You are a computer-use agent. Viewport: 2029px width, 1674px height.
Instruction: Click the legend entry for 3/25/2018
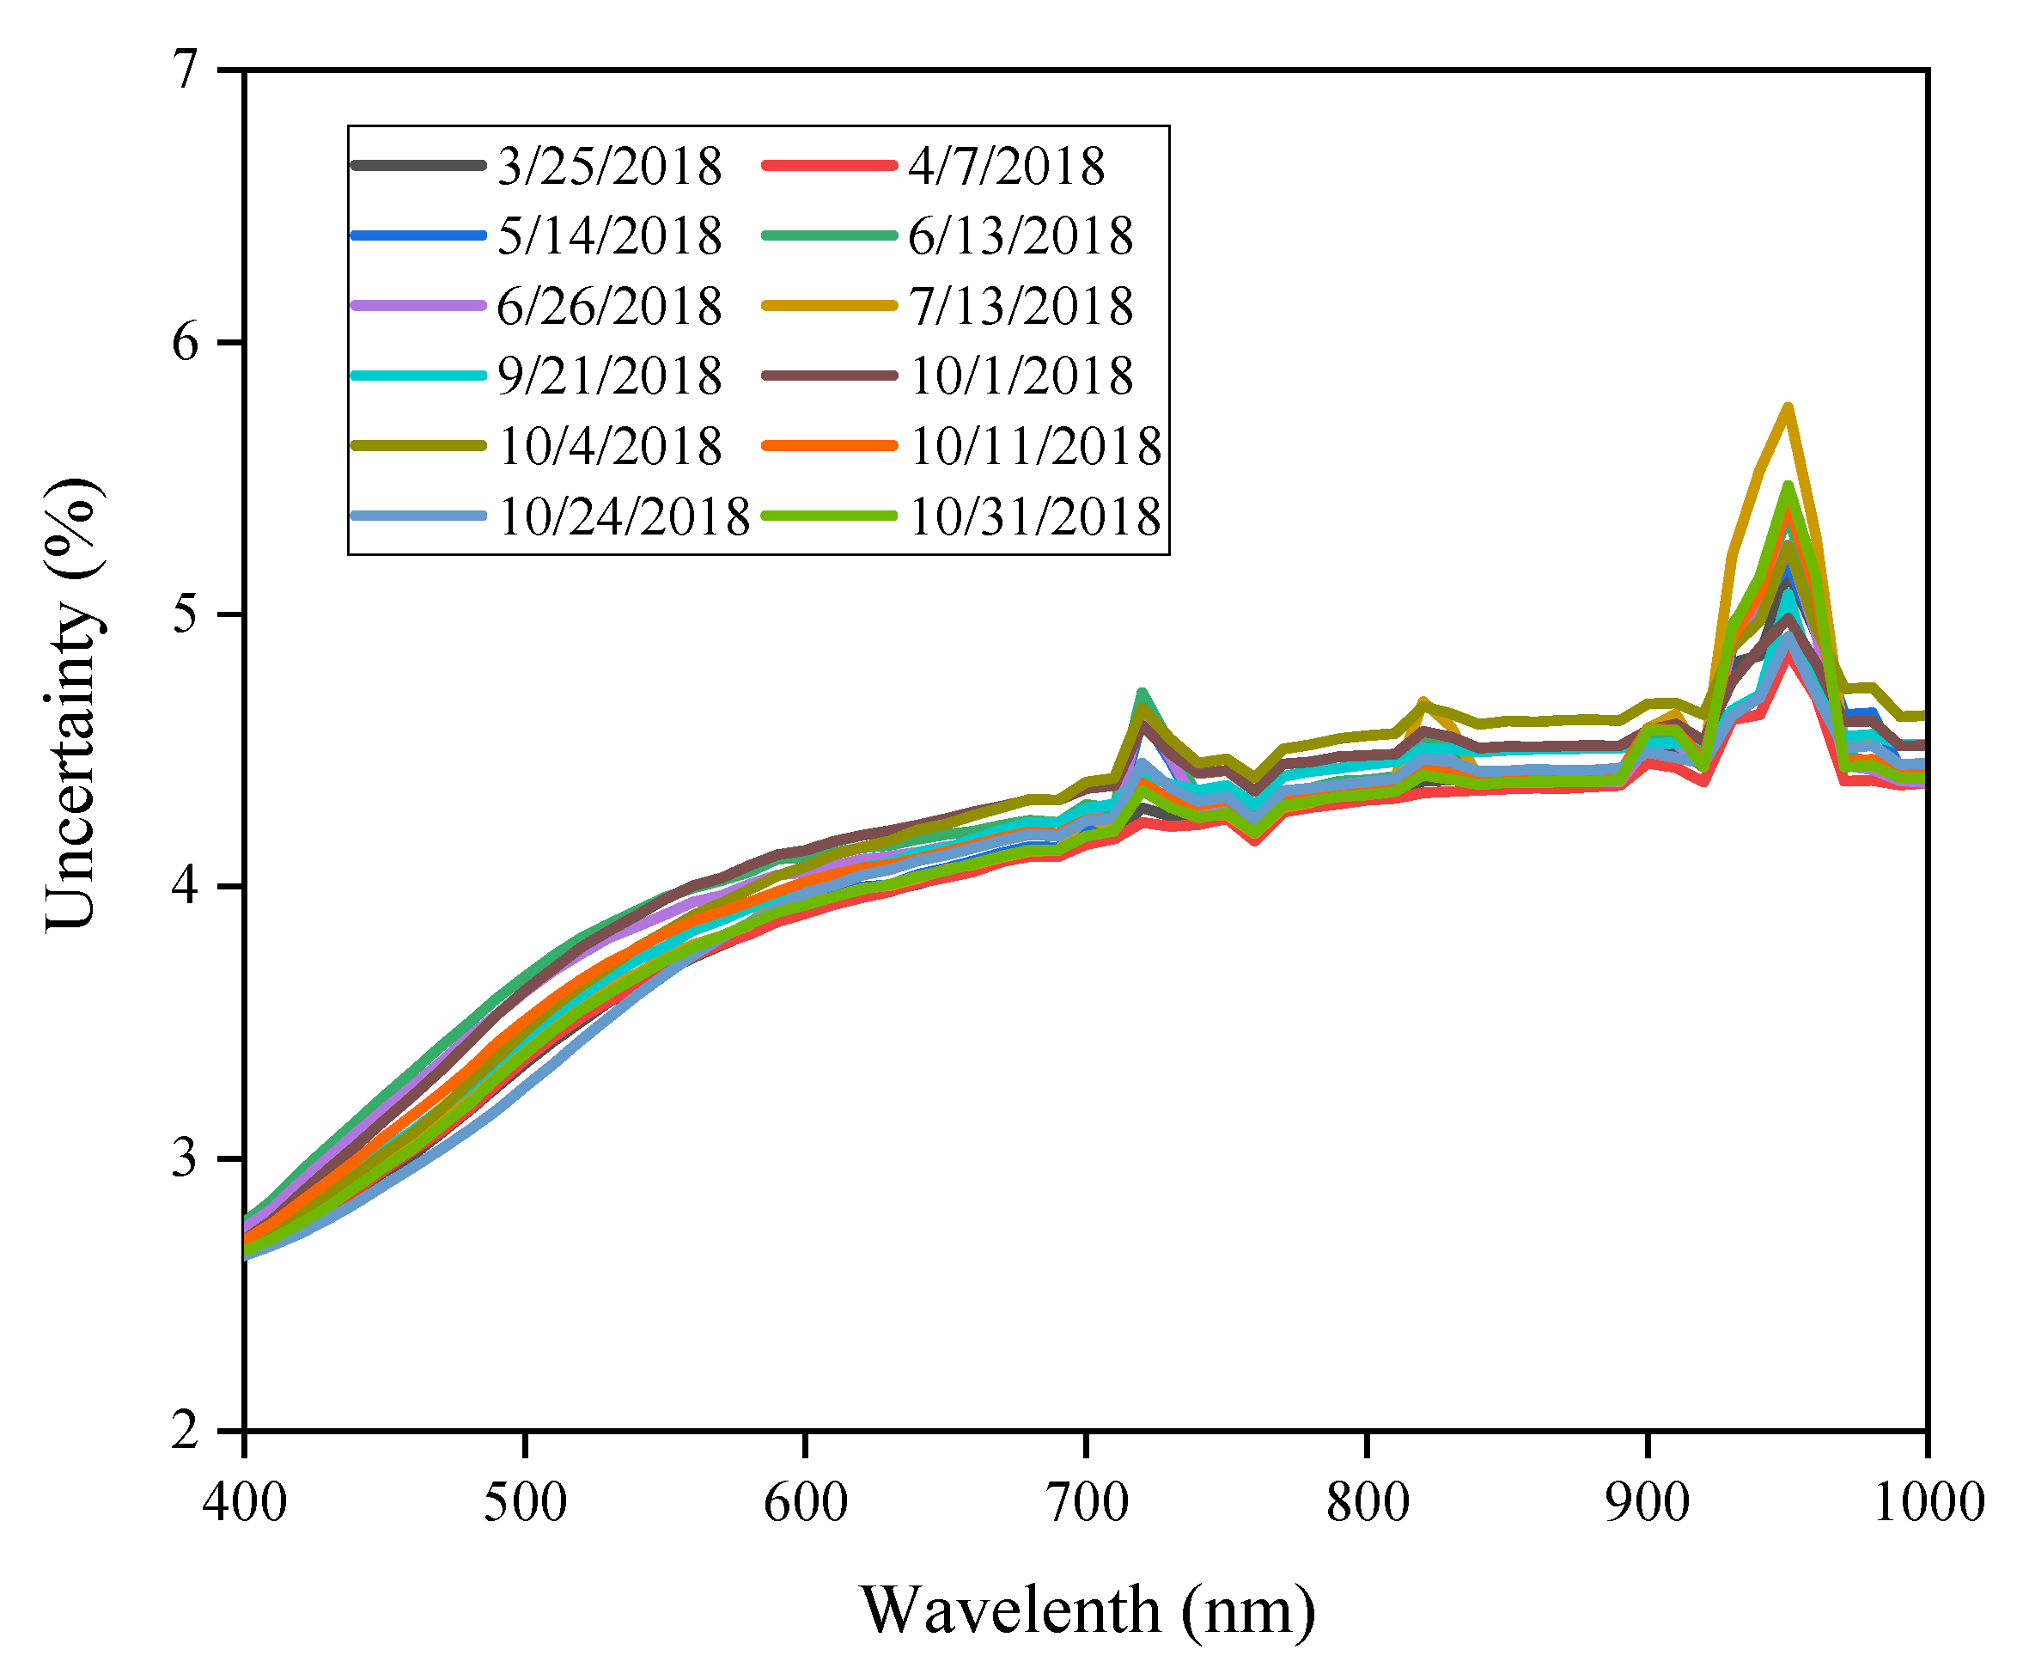pyautogui.click(x=609, y=166)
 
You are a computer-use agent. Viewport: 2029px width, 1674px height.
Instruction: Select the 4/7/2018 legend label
pyautogui.click(x=1005, y=166)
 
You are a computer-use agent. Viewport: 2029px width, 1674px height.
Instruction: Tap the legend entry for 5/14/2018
pyautogui.click(x=609, y=236)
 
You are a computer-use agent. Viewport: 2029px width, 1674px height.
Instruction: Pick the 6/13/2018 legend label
pyautogui.click(x=1020, y=236)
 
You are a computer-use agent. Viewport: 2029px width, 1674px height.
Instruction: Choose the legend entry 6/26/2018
pyautogui.click(x=609, y=307)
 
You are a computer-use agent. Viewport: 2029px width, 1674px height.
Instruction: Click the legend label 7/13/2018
pyautogui.click(x=1020, y=307)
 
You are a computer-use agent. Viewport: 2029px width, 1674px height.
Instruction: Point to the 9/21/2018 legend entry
pyautogui.click(x=609, y=376)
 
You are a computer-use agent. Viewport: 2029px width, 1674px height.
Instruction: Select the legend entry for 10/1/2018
pyautogui.click(x=1020, y=376)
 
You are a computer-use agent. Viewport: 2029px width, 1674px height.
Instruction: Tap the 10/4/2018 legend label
pyautogui.click(x=609, y=447)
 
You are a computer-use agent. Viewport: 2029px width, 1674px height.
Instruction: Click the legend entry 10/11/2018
pyautogui.click(x=1034, y=447)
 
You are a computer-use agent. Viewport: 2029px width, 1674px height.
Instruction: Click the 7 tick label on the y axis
pyautogui.click(x=184, y=70)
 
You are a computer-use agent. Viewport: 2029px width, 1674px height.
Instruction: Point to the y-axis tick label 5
pyautogui.click(x=184, y=614)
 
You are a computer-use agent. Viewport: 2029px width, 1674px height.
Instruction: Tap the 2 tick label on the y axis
pyautogui.click(x=184, y=1431)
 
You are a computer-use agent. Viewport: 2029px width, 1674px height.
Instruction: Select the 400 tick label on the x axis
pyautogui.click(x=245, y=1503)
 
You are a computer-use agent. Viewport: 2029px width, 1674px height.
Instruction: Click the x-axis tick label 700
pyautogui.click(x=1087, y=1503)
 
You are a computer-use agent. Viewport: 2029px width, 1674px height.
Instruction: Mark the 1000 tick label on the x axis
pyautogui.click(x=1927, y=1503)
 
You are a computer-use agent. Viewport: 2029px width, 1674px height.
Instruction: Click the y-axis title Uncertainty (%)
pyautogui.click(x=72, y=704)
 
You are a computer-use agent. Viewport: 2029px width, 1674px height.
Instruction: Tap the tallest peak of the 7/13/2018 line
pyautogui.click(x=1787, y=408)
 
